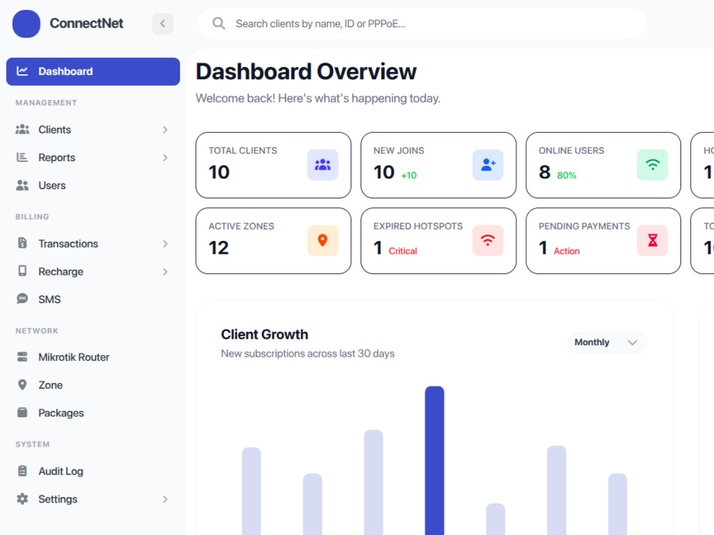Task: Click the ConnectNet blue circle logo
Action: (x=26, y=24)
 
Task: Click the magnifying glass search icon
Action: (x=218, y=24)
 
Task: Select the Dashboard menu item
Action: (x=93, y=71)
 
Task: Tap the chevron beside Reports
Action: (x=166, y=158)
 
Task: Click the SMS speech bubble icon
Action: (x=22, y=299)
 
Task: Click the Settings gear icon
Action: (x=22, y=499)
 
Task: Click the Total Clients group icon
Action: (x=323, y=165)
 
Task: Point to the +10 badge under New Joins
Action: (x=409, y=175)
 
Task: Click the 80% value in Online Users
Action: (x=566, y=175)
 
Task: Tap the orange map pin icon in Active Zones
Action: (x=323, y=240)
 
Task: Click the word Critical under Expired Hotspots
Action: (x=403, y=251)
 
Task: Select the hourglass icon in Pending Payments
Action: (x=653, y=240)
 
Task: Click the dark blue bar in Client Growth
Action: (x=434, y=460)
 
